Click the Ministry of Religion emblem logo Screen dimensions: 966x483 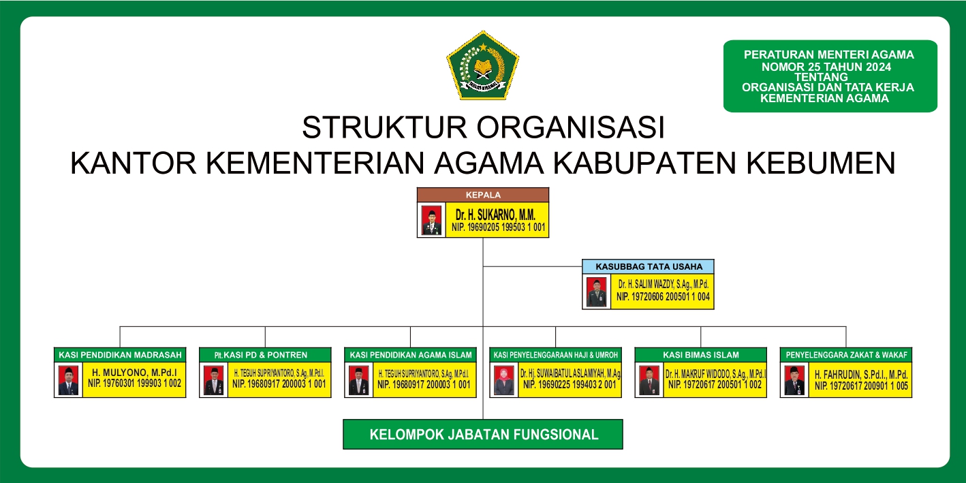(x=482, y=65)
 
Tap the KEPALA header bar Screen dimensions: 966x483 (x=482, y=195)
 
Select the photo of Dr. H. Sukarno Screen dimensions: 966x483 (x=431, y=220)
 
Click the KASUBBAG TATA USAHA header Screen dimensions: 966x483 (x=648, y=266)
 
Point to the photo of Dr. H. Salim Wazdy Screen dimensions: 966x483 (x=596, y=292)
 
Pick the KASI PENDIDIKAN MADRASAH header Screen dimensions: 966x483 (x=120, y=355)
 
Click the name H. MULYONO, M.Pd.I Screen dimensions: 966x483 (x=135, y=373)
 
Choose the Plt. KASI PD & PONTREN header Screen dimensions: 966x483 (x=265, y=355)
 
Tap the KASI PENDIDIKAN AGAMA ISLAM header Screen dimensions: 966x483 (x=411, y=355)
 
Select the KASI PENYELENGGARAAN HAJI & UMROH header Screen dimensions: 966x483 (x=555, y=355)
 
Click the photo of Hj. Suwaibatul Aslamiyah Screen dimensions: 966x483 (x=504, y=380)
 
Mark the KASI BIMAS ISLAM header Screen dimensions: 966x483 (x=701, y=355)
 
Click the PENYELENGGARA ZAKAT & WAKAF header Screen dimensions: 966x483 (x=846, y=355)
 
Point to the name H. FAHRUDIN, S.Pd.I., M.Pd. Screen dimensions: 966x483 (x=861, y=375)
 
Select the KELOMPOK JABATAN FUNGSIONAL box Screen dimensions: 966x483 (x=483, y=434)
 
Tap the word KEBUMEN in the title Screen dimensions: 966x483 (x=821, y=163)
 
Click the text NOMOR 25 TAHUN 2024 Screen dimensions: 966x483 (x=826, y=67)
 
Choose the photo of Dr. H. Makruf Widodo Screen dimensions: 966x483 (x=649, y=380)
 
